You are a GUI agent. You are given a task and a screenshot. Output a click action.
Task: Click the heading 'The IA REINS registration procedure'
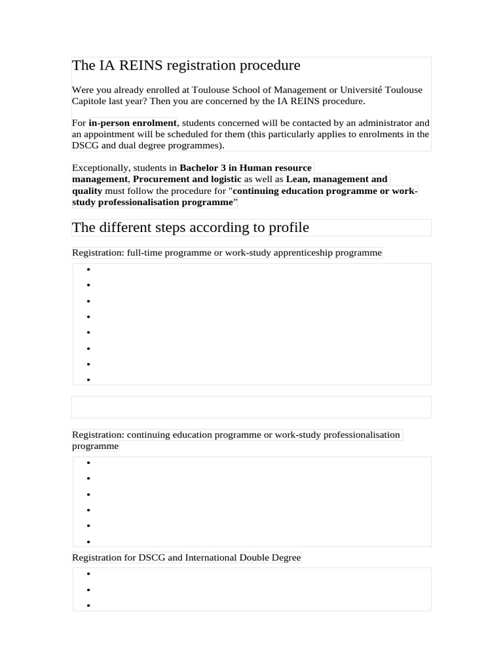click(186, 66)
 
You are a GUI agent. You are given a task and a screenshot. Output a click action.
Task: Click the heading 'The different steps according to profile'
click(190, 227)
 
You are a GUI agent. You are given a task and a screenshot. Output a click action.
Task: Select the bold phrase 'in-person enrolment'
click(133, 123)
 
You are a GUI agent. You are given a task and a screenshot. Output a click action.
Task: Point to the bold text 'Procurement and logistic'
click(187, 179)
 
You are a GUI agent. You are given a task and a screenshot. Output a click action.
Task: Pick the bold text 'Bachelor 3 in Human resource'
click(246, 168)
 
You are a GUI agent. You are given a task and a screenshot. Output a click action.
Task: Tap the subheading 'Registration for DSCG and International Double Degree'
click(187, 558)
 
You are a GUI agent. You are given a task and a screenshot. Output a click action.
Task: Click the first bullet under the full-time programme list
click(88, 269)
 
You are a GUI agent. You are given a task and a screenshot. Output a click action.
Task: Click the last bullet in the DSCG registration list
click(88, 605)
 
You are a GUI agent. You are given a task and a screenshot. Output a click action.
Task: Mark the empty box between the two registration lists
click(251, 407)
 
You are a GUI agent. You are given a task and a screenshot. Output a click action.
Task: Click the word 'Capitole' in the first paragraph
click(89, 102)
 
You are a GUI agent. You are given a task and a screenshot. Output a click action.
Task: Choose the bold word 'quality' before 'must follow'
click(87, 191)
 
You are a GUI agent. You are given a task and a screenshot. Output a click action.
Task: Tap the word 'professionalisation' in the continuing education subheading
click(361, 434)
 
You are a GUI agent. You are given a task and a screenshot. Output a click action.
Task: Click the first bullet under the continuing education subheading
click(88, 463)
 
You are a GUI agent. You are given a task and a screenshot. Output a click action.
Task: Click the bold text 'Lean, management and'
click(337, 179)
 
